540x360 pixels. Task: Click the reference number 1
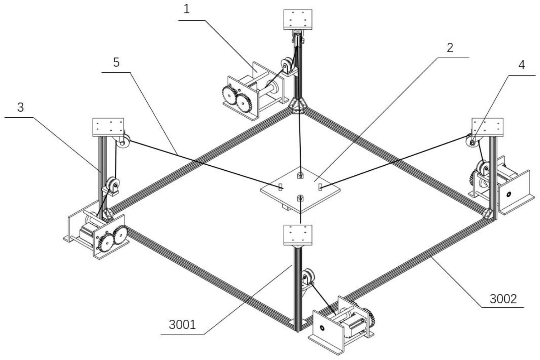(187, 9)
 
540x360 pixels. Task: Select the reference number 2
(450, 48)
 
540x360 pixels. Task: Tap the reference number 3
(20, 107)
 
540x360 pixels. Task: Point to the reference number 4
(522, 65)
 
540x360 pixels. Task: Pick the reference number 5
(116, 62)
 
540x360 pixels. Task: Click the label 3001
(182, 325)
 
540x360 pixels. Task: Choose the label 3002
(503, 299)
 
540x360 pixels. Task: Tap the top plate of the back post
(298, 19)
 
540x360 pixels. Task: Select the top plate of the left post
(108, 127)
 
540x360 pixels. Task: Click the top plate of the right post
(487, 127)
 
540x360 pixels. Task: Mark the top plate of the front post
(298, 235)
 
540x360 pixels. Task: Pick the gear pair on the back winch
(237, 99)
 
